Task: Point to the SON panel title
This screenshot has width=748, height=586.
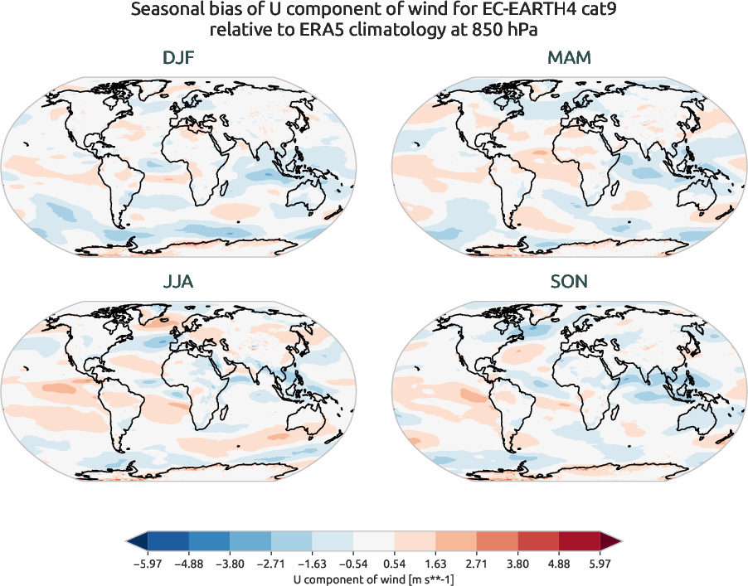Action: tap(569, 282)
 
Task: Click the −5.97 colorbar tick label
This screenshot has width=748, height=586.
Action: tap(147, 562)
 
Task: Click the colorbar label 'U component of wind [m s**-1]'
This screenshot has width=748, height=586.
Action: tap(374, 578)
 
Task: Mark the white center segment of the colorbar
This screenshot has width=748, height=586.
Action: tap(374, 541)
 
